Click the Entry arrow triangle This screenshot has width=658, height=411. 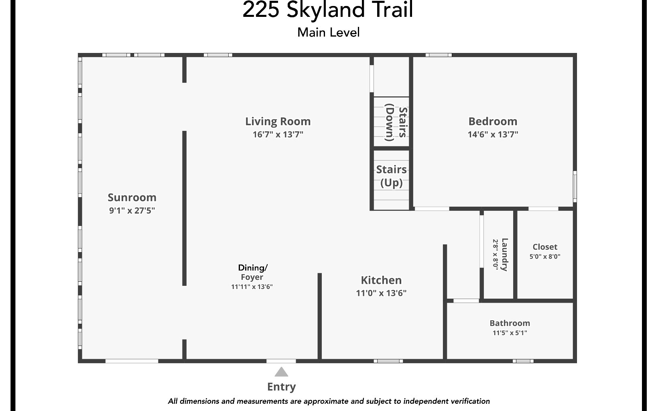tap(281, 372)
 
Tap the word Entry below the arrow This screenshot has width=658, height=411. tap(281, 387)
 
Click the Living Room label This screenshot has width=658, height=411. tap(278, 121)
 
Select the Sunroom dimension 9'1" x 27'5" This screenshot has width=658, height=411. tap(132, 210)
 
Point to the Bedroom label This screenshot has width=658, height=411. tap(493, 121)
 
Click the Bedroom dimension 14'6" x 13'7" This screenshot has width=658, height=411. tap(493, 134)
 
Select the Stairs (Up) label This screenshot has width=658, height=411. tap(391, 176)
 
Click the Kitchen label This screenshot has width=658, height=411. tap(381, 280)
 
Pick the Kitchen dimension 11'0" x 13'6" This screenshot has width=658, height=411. tap(381, 293)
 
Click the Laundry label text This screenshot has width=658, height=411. tap(504, 255)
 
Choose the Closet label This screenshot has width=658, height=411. tap(545, 247)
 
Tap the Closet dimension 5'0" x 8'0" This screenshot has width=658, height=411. tap(545, 256)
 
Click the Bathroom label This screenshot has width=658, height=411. tap(510, 323)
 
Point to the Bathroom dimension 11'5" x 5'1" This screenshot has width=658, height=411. tap(510, 333)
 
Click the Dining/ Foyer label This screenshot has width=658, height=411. tap(252, 272)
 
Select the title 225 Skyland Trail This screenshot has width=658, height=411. tap(327, 10)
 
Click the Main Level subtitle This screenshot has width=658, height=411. tap(328, 32)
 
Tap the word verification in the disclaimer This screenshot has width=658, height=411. tap(469, 401)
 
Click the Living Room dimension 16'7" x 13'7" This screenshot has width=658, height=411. tap(278, 134)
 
